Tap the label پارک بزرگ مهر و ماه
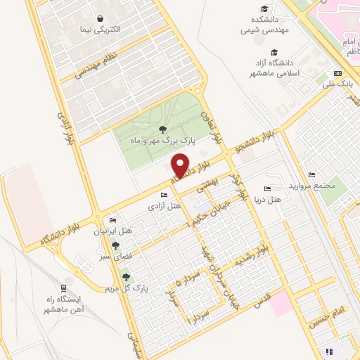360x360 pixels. click(x=161, y=141)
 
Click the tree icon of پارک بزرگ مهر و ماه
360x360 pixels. click(x=162, y=129)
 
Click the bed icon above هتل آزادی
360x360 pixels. click(x=164, y=195)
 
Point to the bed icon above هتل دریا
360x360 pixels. click(x=266, y=188)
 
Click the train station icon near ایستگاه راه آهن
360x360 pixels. click(x=63, y=288)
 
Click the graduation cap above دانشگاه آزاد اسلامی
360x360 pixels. click(x=274, y=53)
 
